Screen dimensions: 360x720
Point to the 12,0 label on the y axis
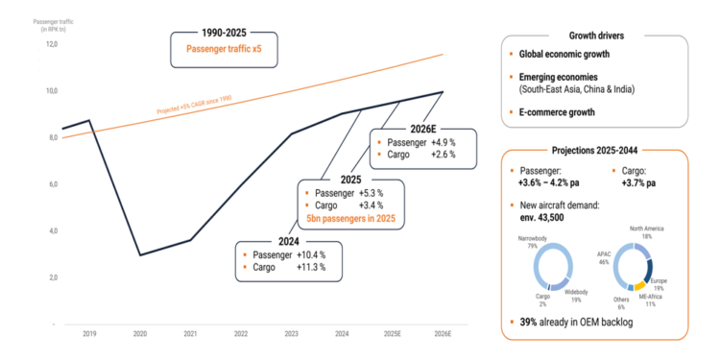52,44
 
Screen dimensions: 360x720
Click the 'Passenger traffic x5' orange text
225,49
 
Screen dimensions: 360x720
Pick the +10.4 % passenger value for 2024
308,254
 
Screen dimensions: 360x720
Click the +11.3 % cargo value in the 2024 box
308,268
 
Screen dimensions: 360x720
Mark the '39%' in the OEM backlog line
524,322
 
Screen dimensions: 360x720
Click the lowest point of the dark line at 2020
141,254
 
